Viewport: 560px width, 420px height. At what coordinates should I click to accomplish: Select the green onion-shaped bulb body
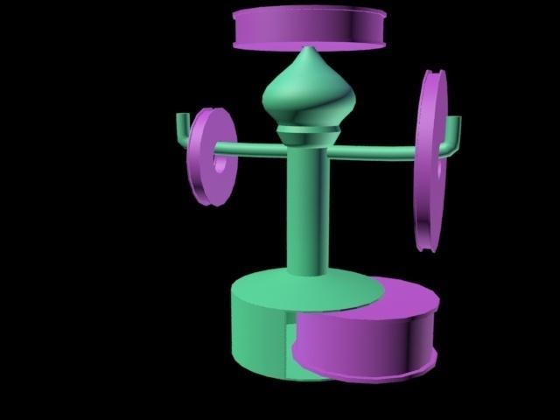pos(308,96)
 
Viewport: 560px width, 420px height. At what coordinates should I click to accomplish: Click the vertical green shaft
pos(309,210)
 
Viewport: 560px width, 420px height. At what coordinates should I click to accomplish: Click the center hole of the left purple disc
pos(220,162)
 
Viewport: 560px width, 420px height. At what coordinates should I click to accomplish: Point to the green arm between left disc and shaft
pos(261,149)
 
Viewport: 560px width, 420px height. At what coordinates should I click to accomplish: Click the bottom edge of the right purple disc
pos(425,245)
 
